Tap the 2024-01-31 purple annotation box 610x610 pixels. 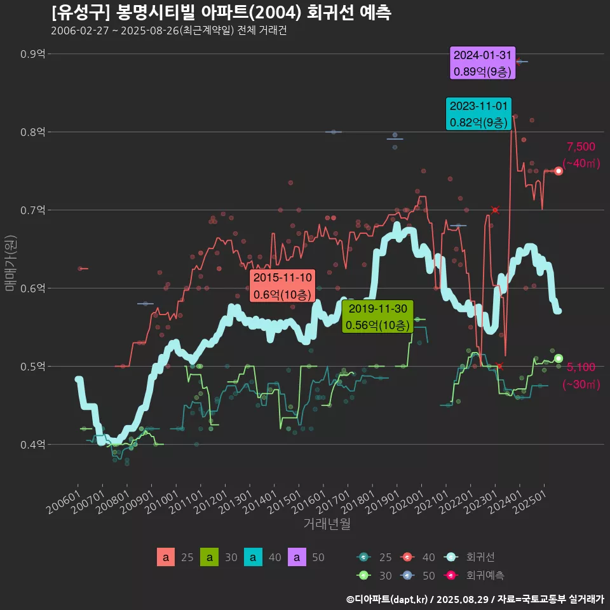click(483, 64)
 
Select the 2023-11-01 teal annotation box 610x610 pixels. click(478, 114)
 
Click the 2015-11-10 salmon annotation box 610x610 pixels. click(282, 286)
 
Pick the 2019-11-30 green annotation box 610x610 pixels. click(378, 316)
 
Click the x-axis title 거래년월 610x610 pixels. click(327, 524)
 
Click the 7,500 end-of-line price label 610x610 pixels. click(581, 147)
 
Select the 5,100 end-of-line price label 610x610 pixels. click(581, 367)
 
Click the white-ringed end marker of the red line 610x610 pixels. click(559, 171)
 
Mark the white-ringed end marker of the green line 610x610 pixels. click(559, 358)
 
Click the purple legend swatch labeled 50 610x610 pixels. click(297, 557)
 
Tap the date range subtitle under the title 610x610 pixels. click(169, 30)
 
